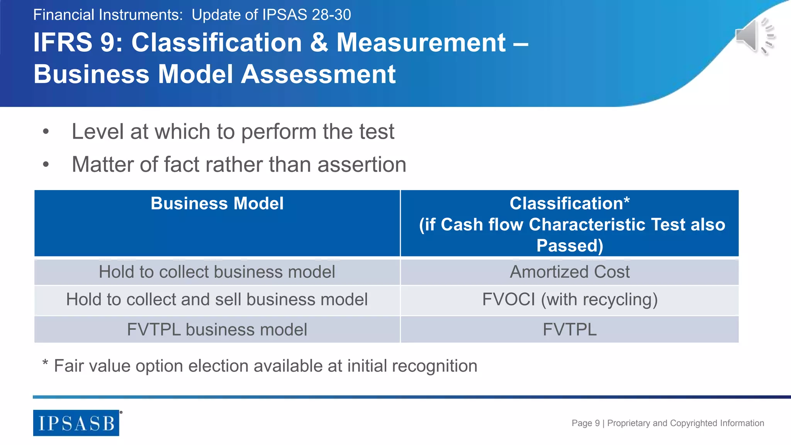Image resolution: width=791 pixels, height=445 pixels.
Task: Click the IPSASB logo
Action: coord(76,423)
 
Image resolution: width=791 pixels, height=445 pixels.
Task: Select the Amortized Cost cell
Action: coord(569,272)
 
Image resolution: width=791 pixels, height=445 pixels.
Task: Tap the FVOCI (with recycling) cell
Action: coord(569,300)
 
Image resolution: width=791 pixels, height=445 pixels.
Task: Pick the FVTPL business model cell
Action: coord(217,330)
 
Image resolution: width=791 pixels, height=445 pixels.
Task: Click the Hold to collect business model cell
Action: coord(217,272)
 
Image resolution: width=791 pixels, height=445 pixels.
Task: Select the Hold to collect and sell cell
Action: coord(217,300)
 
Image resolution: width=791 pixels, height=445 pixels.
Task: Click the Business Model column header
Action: coord(217,204)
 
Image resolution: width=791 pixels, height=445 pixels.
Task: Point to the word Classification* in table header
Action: coord(569,204)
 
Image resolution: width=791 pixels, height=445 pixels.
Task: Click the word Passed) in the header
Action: coord(569,246)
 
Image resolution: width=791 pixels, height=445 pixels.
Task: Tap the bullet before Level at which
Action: coord(46,132)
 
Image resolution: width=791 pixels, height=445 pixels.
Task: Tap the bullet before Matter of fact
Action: coord(46,165)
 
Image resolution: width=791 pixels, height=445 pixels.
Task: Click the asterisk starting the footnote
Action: coord(45,363)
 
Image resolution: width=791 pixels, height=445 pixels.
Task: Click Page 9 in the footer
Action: coord(585,423)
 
